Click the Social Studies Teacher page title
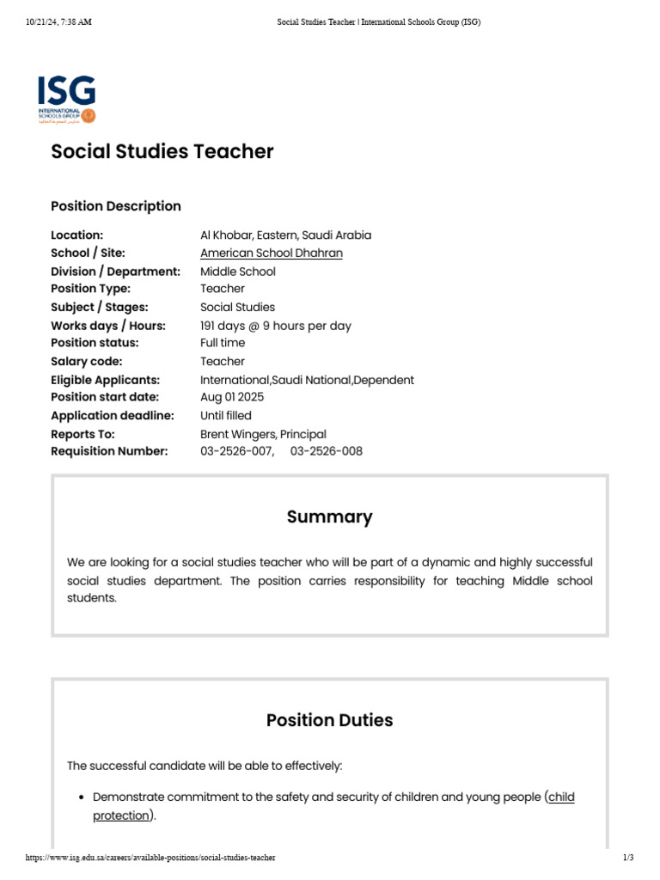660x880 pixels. point(162,152)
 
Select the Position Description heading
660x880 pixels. point(116,206)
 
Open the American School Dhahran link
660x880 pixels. point(271,253)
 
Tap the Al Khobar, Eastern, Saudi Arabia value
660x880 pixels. point(285,235)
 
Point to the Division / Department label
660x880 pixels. point(115,272)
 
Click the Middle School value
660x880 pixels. point(238,272)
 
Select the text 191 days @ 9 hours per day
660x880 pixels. point(275,326)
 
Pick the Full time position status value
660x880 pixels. point(223,343)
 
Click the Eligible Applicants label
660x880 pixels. point(105,380)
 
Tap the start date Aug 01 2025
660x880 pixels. point(232,397)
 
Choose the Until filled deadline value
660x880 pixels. point(226,416)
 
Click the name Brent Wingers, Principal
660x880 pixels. point(263,434)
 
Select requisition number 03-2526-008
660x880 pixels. point(327,451)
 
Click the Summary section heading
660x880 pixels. point(329,517)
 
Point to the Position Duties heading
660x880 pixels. point(329,720)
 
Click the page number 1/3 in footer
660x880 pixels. point(628,858)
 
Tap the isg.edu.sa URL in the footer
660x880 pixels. point(150,858)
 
